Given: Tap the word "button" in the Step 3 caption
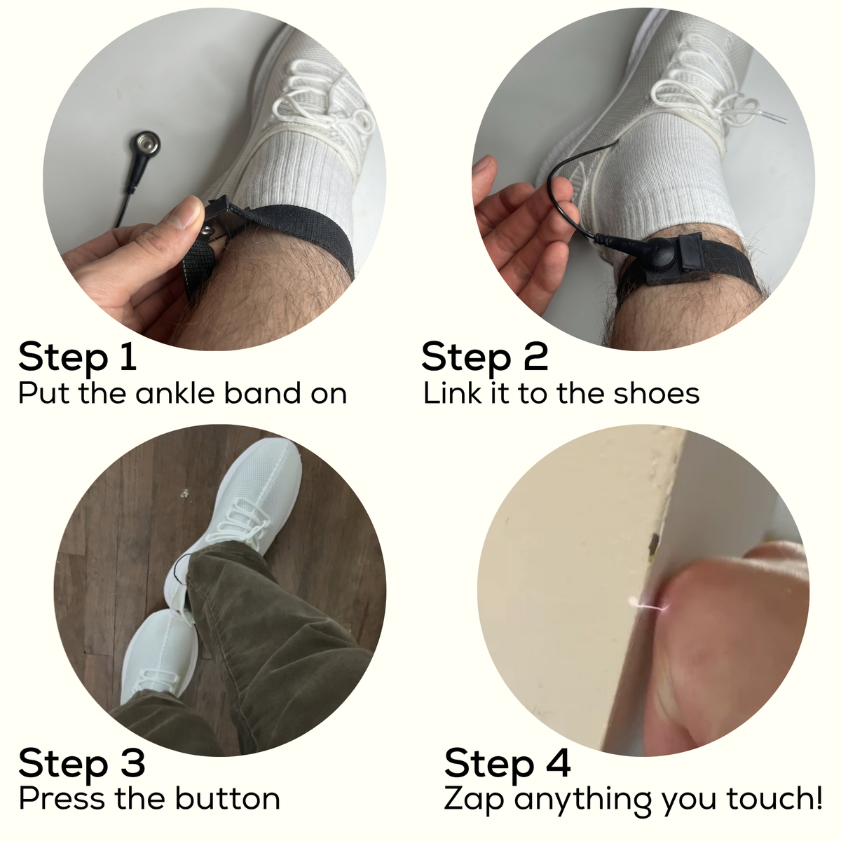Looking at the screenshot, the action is pos(227,798).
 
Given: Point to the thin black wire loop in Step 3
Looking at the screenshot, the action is pos(181,568).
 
